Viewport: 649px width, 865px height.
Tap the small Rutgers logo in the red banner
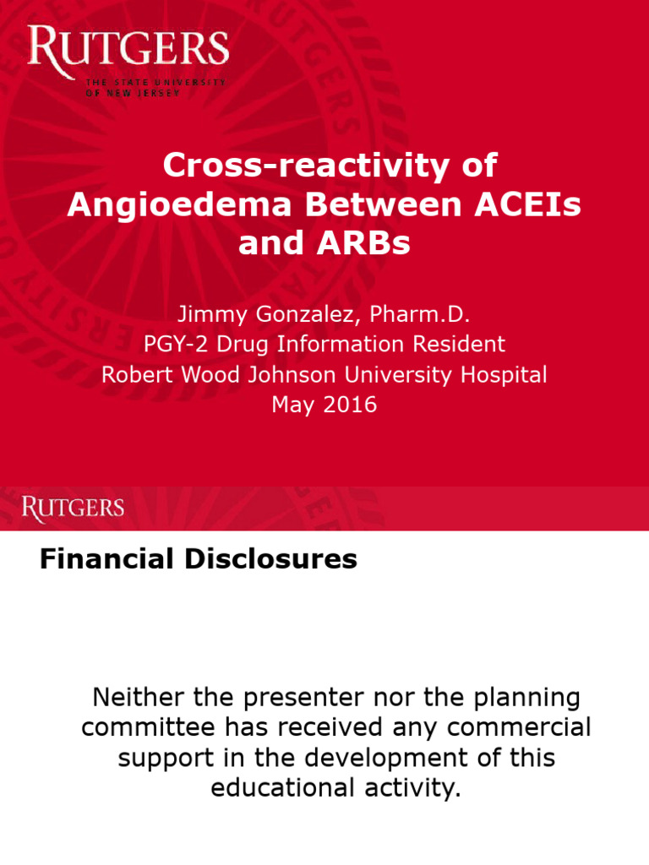pyautogui.click(x=73, y=508)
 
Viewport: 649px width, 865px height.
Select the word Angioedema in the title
pyautogui.click(x=166, y=204)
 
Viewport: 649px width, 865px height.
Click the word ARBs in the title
pyautogui.click(x=369, y=243)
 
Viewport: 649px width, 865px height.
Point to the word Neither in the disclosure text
pyautogui.click(x=135, y=698)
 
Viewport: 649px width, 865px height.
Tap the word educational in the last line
pyautogui.click(x=281, y=788)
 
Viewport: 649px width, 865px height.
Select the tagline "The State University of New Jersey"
pyautogui.click(x=155, y=88)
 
